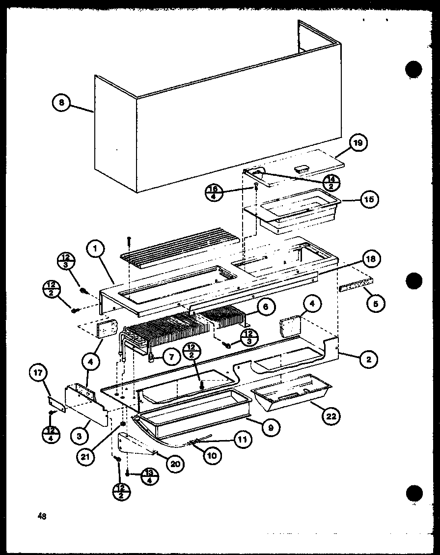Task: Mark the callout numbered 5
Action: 375,304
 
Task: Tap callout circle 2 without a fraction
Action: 369,360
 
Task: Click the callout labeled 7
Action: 171,357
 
